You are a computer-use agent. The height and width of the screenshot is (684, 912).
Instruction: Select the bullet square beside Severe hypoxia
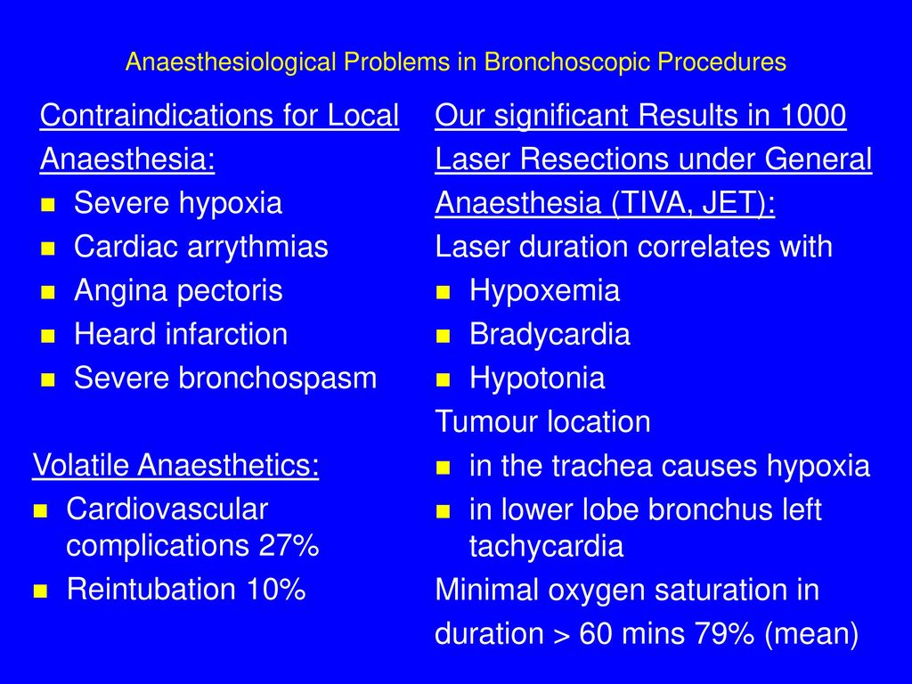tap(48, 205)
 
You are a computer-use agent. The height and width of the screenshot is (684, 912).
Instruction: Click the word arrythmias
tap(257, 247)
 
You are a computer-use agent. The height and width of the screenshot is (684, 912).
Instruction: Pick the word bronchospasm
tap(278, 378)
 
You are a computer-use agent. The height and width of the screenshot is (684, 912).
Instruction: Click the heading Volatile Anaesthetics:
tap(175, 465)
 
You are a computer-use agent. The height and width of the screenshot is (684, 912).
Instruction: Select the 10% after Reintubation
tap(276, 589)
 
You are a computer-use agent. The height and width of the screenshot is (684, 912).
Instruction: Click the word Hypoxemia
tap(544, 291)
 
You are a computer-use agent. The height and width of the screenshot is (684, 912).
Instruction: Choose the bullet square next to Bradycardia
tap(444, 336)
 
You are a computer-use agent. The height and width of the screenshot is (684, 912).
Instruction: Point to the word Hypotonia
tap(537, 378)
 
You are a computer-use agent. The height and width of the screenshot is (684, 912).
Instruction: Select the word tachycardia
tap(546, 547)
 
